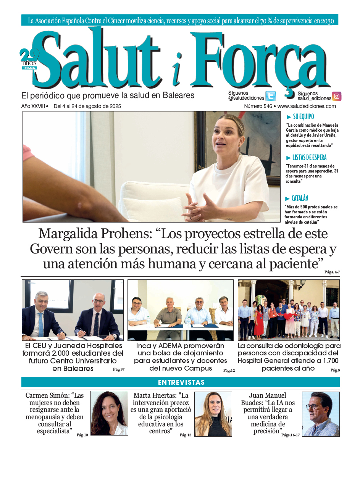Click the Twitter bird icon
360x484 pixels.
click(x=270, y=96)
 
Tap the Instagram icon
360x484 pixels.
click(x=336, y=96)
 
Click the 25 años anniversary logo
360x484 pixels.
click(x=29, y=59)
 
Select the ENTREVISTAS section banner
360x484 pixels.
click(x=181, y=382)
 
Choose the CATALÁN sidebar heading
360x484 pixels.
click(x=300, y=198)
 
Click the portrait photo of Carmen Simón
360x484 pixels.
click(x=109, y=413)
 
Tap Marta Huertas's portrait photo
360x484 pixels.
click(x=213, y=414)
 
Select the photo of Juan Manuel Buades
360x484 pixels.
click(x=321, y=414)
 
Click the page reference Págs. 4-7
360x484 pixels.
click(x=332, y=272)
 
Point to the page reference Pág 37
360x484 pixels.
click(x=119, y=369)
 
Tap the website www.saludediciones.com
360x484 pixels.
click(x=307, y=106)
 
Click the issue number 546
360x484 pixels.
click(x=267, y=106)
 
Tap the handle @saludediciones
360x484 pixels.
click(x=246, y=98)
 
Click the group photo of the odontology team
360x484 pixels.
click(x=288, y=310)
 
